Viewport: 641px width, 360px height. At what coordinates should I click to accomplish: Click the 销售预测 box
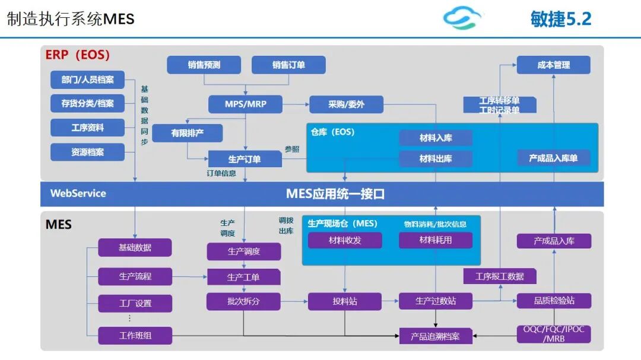pos(204,65)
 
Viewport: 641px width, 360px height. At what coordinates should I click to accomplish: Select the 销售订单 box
pos(288,65)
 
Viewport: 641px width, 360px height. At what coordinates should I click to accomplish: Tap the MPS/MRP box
pos(245,104)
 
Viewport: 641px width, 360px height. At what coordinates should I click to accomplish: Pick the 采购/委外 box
pos(346,104)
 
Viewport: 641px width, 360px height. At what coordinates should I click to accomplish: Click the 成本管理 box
pos(554,65)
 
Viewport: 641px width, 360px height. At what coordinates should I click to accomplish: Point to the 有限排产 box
pos(187,133)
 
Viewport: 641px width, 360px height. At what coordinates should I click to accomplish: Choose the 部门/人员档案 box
pos(87,79)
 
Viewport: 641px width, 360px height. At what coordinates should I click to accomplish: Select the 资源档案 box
pos(87,152)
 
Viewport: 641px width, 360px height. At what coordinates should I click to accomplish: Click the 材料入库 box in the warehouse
pos(436,138)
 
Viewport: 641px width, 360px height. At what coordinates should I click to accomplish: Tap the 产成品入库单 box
pos(554,158)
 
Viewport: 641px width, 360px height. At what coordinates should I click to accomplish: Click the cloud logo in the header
pos(462,18)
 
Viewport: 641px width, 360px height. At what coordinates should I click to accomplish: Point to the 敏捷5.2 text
pos(561,19)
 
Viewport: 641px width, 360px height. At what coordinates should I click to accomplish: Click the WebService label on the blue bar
pos(78,193)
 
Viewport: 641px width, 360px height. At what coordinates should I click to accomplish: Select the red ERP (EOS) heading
pos(77,55)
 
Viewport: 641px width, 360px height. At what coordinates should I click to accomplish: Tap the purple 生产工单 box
pos(244,277)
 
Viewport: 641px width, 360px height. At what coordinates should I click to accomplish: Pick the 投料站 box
pos(345,301)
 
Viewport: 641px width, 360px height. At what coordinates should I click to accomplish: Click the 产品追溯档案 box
pos(436,336)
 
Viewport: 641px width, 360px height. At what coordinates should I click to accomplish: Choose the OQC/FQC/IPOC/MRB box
pos(554,334)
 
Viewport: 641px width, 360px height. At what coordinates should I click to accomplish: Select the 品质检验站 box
pos(554,301)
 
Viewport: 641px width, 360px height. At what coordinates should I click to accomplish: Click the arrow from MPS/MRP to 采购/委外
pos(296,104)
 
